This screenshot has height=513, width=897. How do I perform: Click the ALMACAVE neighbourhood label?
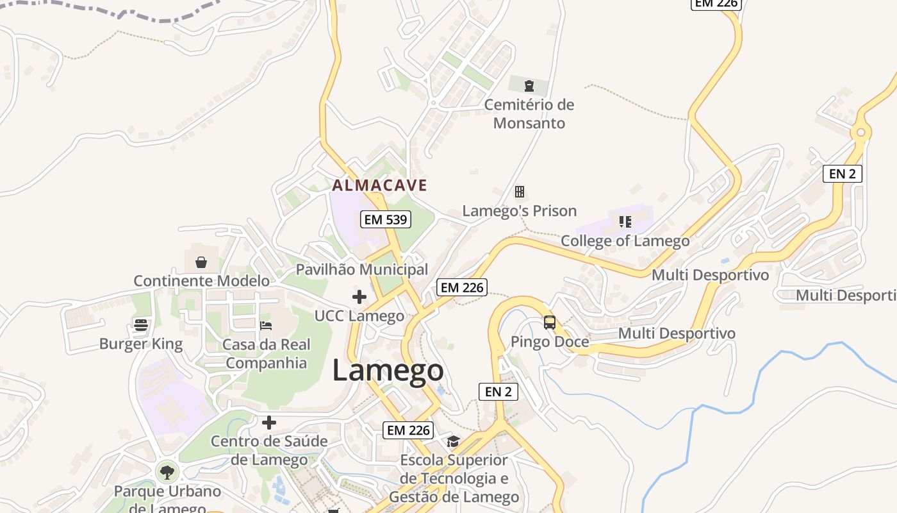tap(379, 185)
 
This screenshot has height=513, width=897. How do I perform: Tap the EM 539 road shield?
tap(386, 219)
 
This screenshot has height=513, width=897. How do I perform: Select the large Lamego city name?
tap(388, 371)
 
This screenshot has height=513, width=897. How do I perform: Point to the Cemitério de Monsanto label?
tap(529, 114)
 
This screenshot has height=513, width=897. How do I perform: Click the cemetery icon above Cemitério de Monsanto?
tap(529, 86)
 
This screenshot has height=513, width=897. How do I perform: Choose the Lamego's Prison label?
tap(520, 210)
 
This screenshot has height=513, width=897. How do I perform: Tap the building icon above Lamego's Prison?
tap(520, 192)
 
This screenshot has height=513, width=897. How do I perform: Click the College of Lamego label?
tap(625, 241)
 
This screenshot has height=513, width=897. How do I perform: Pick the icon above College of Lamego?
tap(625, 222)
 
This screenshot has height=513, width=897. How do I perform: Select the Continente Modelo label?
tap(201, 280)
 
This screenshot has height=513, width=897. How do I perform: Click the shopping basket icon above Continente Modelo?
tap(201, 262)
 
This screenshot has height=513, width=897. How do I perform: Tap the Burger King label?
tap(141, 344)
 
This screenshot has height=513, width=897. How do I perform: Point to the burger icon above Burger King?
tap(141, 325)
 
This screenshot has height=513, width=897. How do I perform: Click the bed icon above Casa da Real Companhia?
tap(266, 325)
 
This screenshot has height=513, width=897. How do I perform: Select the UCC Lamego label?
tap(359, 315)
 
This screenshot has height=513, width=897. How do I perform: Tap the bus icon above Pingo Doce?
tap(550, 322)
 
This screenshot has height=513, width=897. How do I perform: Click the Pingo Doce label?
tap(550, 341)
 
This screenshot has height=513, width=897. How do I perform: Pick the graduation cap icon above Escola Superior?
tap(454, 441)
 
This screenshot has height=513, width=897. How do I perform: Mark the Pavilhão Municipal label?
tap(362, 269)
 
